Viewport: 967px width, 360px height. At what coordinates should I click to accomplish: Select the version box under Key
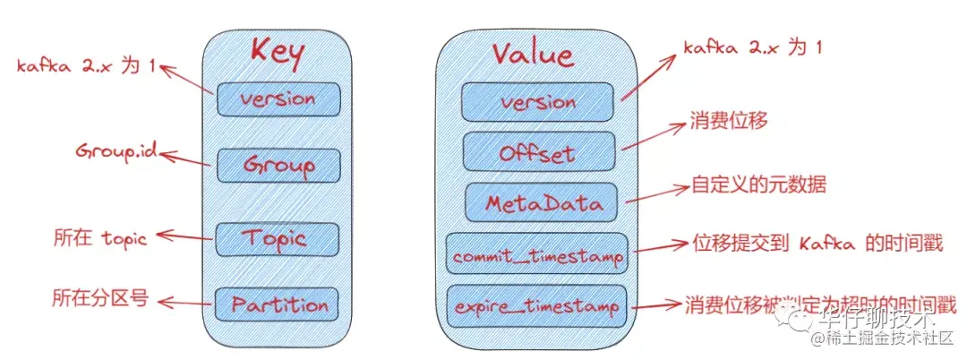(278, 99)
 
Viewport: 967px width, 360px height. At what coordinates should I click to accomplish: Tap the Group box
(278, 165)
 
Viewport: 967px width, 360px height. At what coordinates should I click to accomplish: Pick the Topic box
(278, 239)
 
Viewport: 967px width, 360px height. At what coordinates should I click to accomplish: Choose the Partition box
(278, 304)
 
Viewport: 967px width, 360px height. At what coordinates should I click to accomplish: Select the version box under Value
(537, 102)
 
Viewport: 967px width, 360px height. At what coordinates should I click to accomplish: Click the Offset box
(537, 152)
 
